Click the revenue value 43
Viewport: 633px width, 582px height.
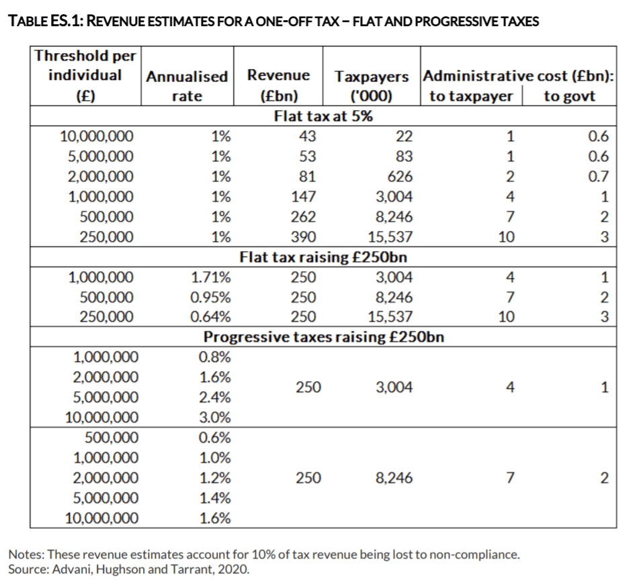click(307, 136)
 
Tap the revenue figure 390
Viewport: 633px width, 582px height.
click(304, 237)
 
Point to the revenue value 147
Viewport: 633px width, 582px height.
click(304, 197)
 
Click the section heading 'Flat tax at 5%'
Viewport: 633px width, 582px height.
click(324, 116)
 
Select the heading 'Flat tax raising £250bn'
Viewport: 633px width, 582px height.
click(324, 257)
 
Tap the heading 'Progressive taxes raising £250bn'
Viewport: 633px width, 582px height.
click(324, 336)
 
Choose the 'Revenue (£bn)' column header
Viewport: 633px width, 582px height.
click(278, 85)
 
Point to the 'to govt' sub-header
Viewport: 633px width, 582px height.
click(570, 96)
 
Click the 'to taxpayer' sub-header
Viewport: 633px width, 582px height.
click(471, 96)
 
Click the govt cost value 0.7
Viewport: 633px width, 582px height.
click(598, 177)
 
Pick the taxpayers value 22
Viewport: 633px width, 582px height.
click(405, 136)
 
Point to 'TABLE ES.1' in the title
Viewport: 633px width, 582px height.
click(43, 21)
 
